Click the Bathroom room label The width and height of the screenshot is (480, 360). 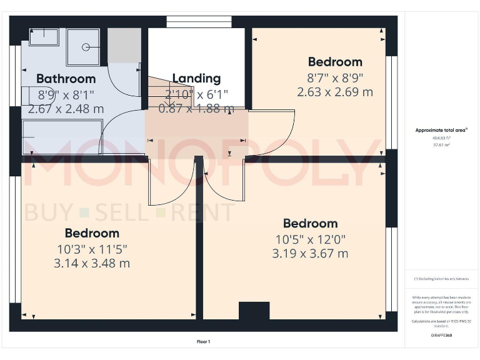coord(66,79)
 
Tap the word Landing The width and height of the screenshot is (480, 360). coord(196,78)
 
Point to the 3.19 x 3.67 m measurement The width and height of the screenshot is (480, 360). coord(310,253)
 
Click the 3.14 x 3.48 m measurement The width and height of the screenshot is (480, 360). coord(92,263)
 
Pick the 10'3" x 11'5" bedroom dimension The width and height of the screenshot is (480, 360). coord(92,249)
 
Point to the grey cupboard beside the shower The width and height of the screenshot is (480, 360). coord(124,44)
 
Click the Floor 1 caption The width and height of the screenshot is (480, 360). coord(204,342)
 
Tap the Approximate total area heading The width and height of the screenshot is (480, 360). coord(441,131)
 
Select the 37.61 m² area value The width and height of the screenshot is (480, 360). coord(441,144)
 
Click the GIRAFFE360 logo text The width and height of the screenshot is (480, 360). coord(441,336)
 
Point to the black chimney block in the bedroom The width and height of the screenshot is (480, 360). coord(254,311)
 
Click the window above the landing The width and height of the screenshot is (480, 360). coord(199,22)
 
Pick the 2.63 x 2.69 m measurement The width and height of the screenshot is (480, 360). coord(335,92)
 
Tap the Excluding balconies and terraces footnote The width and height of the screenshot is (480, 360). coord(441,279)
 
